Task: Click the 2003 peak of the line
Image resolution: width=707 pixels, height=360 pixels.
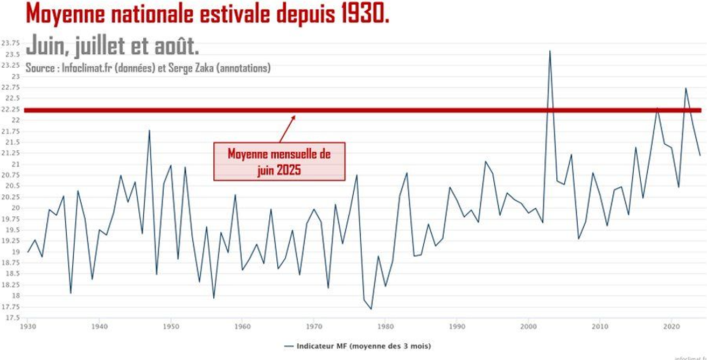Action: point(550,51)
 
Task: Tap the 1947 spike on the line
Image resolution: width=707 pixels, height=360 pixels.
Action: point(149,130)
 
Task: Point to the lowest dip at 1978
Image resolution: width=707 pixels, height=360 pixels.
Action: point(371,309)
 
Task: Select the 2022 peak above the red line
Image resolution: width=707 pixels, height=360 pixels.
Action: point(686,88)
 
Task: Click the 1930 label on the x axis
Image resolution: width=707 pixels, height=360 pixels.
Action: point(27,326)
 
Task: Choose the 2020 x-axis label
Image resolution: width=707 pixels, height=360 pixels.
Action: point(671,326)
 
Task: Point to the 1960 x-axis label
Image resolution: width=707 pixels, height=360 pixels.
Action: point(242,326)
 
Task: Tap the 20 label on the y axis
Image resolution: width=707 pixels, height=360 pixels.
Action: point(16,208)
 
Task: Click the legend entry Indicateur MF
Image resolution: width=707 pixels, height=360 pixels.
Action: point(357,346)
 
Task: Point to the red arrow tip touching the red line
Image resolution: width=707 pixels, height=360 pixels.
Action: point(295,115)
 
